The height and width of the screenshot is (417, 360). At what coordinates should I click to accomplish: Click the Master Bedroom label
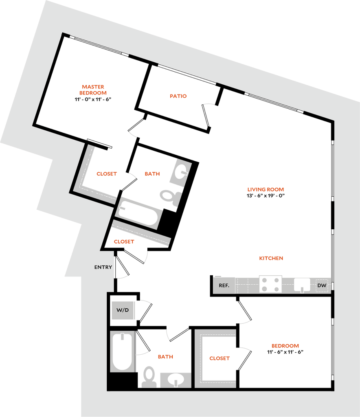93,90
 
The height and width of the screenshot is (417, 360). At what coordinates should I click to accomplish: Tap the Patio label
178,96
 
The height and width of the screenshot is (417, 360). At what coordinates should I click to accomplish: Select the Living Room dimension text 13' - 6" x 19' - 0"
266,196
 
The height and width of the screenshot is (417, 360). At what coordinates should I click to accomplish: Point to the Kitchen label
271,258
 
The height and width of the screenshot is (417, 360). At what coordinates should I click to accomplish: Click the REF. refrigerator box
224,285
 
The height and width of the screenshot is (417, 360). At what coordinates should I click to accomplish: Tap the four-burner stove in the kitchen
270,284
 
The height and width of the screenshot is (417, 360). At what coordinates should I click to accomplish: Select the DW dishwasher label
322,285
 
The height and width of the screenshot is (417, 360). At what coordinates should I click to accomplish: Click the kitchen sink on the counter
302,285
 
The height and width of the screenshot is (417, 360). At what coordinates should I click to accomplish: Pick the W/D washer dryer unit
123,310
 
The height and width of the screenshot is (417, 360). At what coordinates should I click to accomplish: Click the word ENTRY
103,267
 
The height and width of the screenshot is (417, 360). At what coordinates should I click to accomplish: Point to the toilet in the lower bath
149,377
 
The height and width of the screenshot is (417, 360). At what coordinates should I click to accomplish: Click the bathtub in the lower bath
122,351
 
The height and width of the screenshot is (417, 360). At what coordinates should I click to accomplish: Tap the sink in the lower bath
176,380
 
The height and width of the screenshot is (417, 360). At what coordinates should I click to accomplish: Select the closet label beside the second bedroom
220,358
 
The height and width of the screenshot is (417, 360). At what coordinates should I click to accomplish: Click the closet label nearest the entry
124,242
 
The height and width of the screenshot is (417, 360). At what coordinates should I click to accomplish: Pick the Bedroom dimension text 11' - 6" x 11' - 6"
285,352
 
